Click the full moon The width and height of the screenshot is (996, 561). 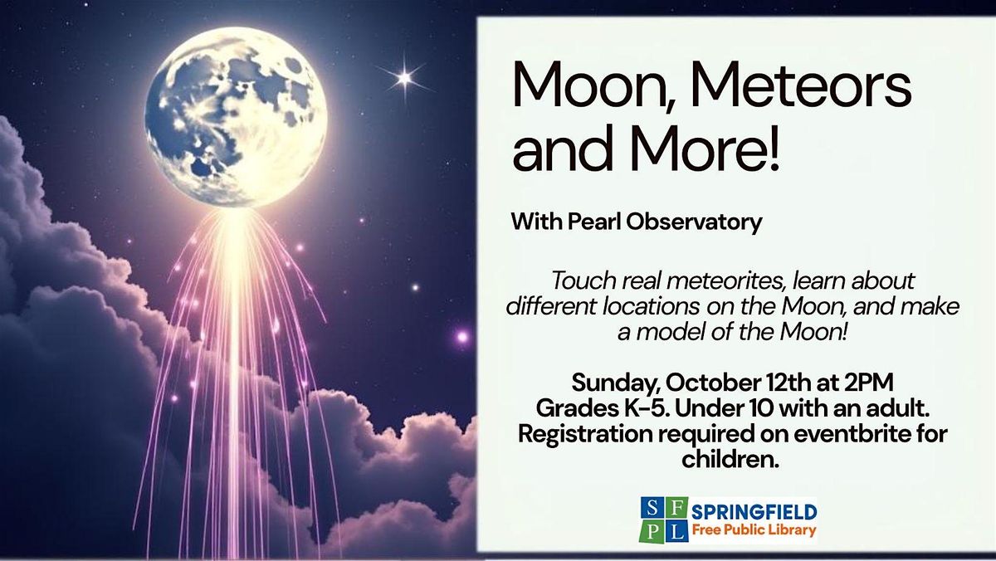click(x=236, y=117)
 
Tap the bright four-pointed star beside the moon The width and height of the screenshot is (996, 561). click(x=404, y=78)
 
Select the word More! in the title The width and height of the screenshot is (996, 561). click(x=705, y=148)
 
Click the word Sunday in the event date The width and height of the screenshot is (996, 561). click(x=615, y=384)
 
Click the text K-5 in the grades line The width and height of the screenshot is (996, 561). click(x=647, y=408)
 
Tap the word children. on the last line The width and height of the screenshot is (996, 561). click(x=730, y=459)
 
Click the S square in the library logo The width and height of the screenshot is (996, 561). click(x=652, y=508)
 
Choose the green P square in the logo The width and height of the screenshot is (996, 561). click(x=652, y=532)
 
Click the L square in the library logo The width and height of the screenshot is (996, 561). click(x=676, y=532)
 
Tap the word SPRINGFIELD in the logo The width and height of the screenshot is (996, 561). click(x=754, y=512)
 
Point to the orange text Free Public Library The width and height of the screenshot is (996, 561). click(x=754, y=530)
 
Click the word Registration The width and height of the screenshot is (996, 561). click(x=585, y=435)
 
